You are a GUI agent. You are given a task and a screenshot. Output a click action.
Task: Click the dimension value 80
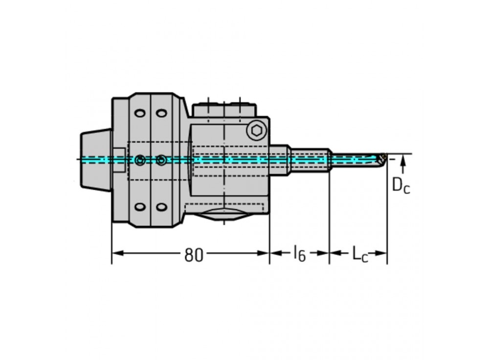click(194, 254)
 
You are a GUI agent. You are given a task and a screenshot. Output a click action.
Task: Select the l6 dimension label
click(299, 253)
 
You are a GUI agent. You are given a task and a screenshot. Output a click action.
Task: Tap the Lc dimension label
click(359, 254)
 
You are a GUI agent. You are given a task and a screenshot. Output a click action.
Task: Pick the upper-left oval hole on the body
click(140, 113)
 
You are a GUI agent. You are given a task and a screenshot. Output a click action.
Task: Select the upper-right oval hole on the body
click(161, 113)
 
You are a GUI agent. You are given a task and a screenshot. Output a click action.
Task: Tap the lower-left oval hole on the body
click(140, 207)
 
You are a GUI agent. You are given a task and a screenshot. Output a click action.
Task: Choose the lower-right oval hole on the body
click(161, 207)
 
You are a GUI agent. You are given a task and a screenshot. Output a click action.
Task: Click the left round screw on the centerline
click(141, 160)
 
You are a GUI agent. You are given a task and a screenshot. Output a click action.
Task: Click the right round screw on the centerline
click(161, 160)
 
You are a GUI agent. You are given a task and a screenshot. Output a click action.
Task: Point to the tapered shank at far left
click(96, 159)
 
